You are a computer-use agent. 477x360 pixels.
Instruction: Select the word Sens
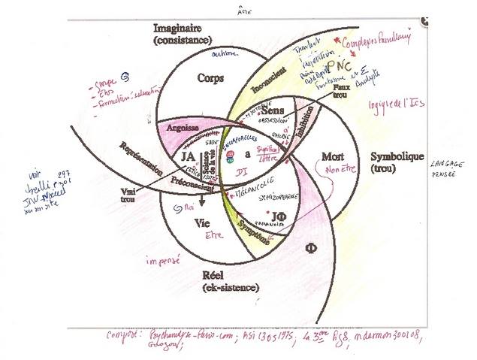click(x=272, y=111)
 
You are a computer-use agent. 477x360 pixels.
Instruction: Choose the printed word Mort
click(x=331, y=156)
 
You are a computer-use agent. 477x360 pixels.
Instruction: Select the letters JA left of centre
click(x=190, y=156)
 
